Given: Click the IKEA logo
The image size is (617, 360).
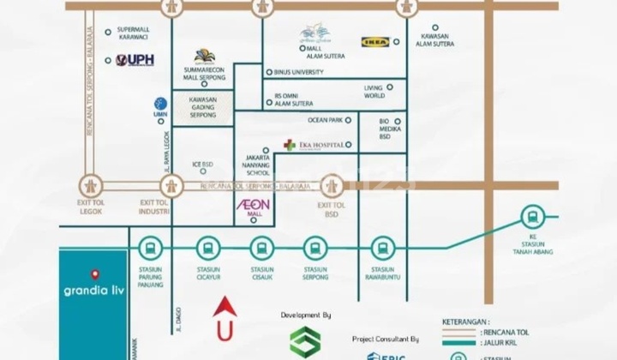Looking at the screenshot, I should (x=375, y=41).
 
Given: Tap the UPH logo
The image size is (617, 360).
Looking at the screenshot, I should (x=135, y=60).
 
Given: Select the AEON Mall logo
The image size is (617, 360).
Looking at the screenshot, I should (x=254, y=206).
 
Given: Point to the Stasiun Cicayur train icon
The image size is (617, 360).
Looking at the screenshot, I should (x=207, y=249).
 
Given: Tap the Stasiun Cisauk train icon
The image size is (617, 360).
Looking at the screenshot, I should (x=262, y=249).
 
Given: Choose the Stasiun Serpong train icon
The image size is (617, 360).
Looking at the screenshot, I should (x=315, y=249).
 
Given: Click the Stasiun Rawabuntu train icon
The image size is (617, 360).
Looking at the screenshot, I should (x=383, y=249).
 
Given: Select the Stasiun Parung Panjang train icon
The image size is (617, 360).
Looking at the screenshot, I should (x=150, y=249).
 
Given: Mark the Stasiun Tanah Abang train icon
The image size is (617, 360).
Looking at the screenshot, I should (x=532, y=216).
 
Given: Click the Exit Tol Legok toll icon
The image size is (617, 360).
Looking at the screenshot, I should (x=90, y=184).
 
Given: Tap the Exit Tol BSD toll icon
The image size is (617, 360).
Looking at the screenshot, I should (x=332, y=184).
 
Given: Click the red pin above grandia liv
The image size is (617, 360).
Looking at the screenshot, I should (x=94, y=275).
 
